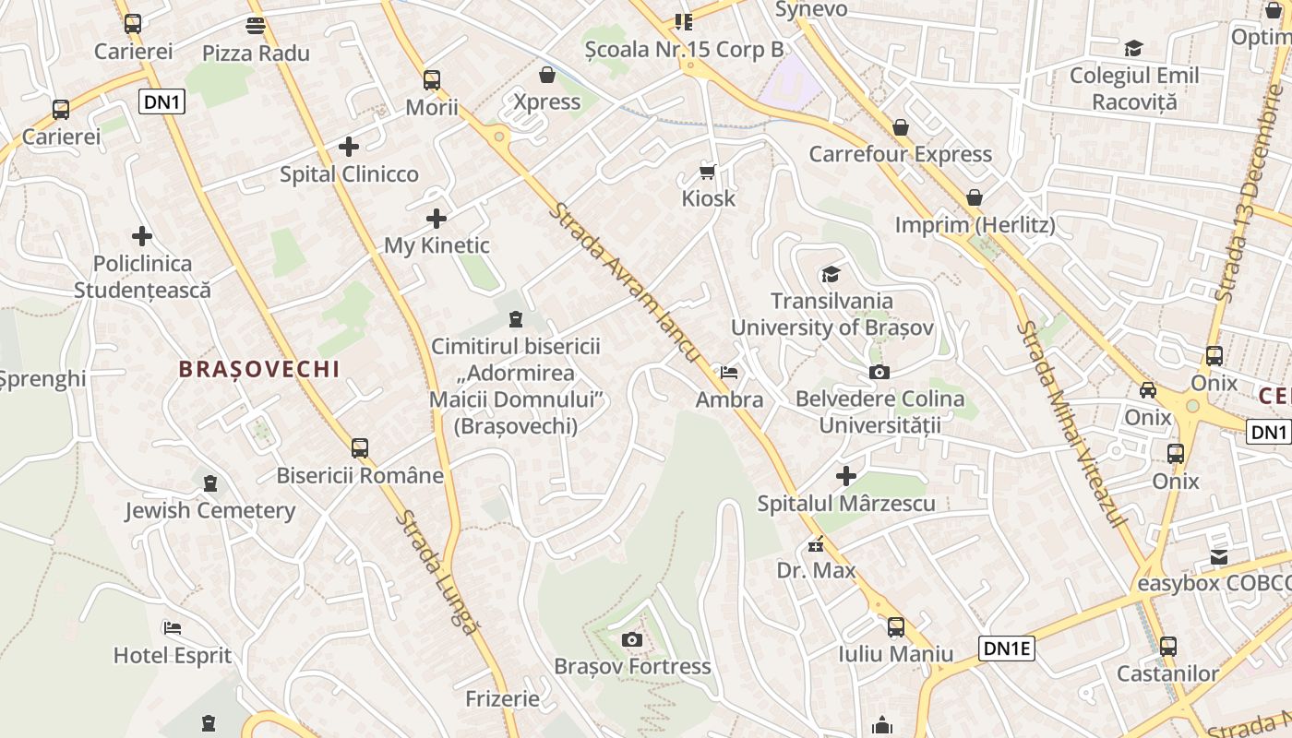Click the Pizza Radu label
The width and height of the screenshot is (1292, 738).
256,53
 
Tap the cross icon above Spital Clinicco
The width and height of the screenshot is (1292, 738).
349,147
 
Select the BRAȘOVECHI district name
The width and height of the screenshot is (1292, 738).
259,369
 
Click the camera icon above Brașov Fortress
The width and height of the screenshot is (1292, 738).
632,639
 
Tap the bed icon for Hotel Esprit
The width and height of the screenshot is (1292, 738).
173,629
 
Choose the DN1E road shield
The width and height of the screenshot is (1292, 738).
1007,649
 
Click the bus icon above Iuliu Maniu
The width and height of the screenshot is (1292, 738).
895,627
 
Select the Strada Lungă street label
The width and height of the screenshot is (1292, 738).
439,572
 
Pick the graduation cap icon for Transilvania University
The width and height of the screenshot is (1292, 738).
831,274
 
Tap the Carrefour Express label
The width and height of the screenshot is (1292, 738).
900,154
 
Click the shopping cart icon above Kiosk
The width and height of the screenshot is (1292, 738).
708,172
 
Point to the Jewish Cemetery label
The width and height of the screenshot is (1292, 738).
210,510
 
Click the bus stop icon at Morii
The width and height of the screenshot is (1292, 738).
432,80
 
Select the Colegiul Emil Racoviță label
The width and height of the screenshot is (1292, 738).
1134,89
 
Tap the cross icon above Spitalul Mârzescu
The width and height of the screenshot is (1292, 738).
846,476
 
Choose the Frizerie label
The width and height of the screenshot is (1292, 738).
502,698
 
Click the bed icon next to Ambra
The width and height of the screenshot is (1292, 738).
729,373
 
